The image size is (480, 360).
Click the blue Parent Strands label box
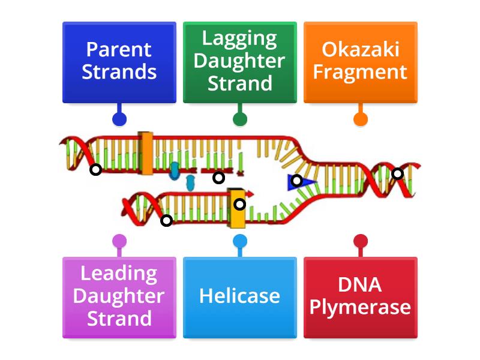119,62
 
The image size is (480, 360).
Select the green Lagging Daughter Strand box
239,62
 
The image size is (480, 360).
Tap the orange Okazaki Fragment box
360,62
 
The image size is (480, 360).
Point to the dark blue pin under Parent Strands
119,119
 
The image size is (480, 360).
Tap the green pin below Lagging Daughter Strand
239,119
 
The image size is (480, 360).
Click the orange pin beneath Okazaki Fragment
360,119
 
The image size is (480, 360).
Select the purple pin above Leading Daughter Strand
119,242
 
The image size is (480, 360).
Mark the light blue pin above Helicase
239,242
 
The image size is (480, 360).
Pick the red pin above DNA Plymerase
360,242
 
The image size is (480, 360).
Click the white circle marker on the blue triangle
296,180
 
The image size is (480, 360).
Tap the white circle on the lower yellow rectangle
239,204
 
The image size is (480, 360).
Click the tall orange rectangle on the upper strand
146,154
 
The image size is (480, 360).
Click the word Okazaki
360,50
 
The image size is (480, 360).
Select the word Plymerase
360,308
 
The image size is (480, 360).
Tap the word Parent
119,50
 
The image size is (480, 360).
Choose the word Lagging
239,39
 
